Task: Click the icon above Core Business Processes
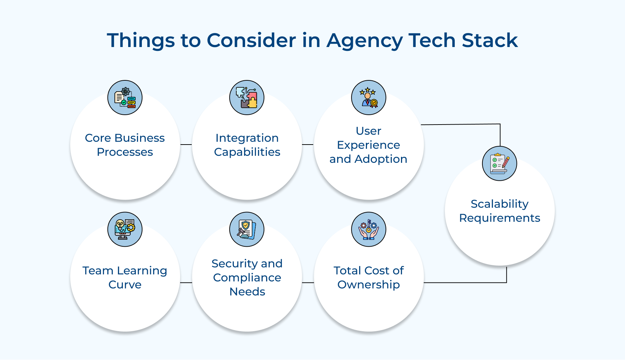[125, 98]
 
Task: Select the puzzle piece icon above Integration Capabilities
[247, 98]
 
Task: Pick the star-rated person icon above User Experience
[369, 98]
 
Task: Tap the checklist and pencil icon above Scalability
[500, 164]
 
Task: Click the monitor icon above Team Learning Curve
[125, 229]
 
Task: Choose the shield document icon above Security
[247, 229]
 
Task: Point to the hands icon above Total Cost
[369, 229]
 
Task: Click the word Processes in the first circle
[125, 152]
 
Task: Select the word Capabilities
[247, 152]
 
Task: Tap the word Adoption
[381, 159]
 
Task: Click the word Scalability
[500, 204]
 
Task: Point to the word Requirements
[500, 218]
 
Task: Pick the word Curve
[125, 285]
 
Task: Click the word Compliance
[247, 278]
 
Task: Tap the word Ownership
[369, 285]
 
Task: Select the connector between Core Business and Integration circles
[186, 144]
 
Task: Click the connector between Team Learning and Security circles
[186, 282]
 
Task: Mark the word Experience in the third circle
[369, 145]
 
